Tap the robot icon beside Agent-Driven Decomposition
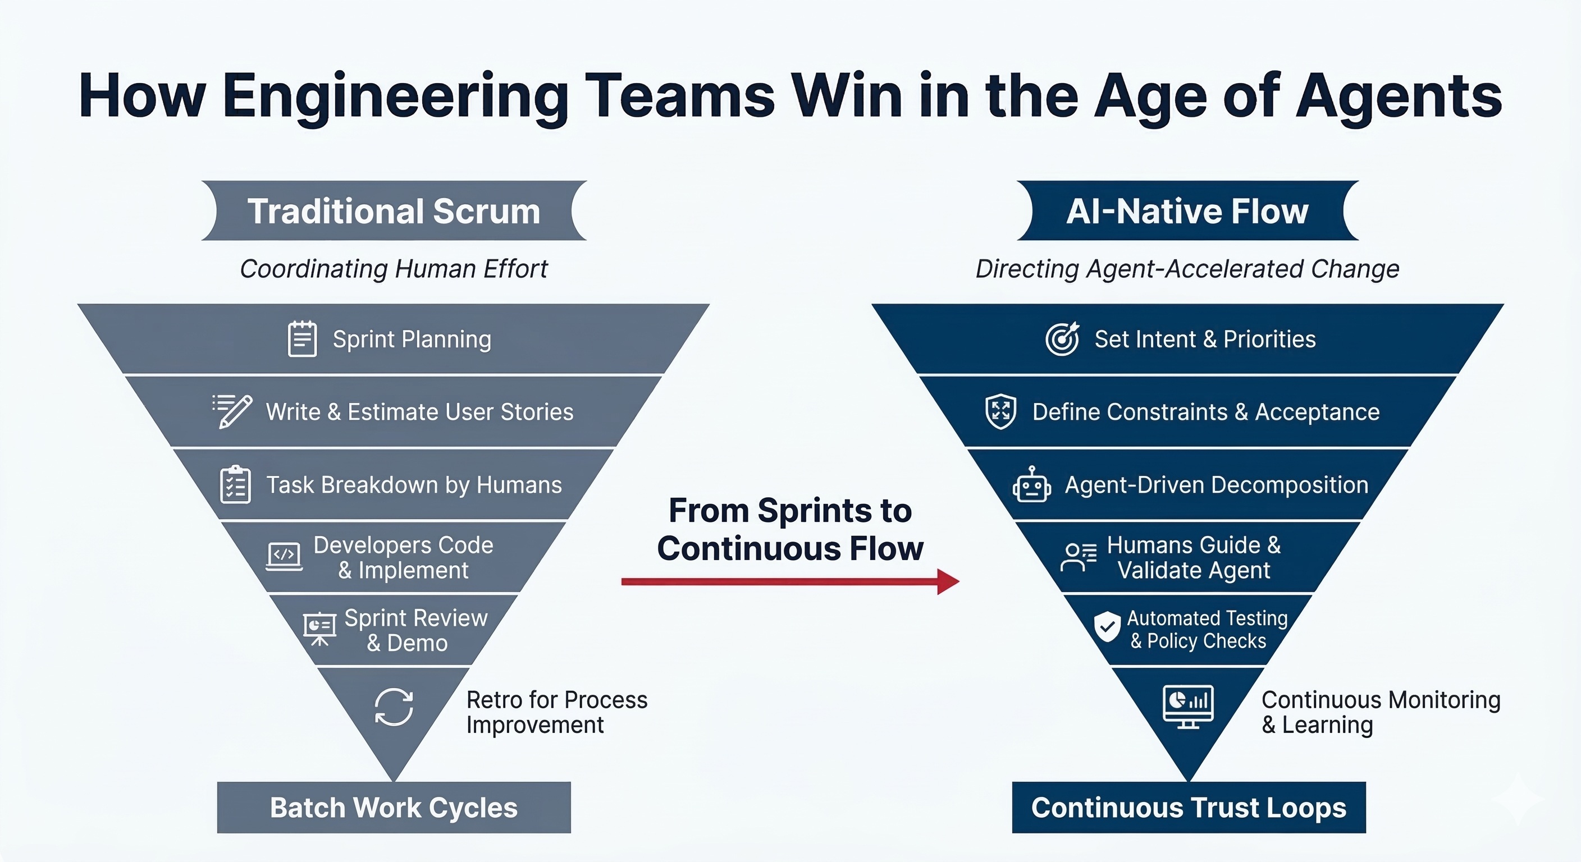pyautogui.click(x=1031, y=485)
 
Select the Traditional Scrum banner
pyautogui.click(x=394, y=210)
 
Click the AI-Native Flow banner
pyautogui.click(x=1187, y=210)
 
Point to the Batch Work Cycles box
pyautogui.click(x=394, y=807)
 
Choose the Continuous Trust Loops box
pyautogui.click(x=1188, y=807)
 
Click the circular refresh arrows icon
pyautogui.click(x=394, y=707)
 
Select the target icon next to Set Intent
pyautogui.click(x=1062, y=338)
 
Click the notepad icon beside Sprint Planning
pyautogui.click(x=302, y=338)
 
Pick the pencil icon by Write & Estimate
pyautogui.click(x=233, y=411)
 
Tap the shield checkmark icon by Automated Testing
pyautogui.click(x=1107, y=627)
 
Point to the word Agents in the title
pyautogui.click(x=1399, y=97)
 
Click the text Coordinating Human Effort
pyautogui.click(x=394, y=269)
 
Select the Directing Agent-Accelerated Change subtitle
pyautogui.click(x=1187, y=269)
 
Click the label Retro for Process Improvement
pyautogui.click(x=556, y=712)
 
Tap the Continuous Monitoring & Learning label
pyautogui.click(x=1381, y=712)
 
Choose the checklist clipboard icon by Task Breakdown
pyautogui.click(x=235, y=485)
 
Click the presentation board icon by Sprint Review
pyautogui.click(x=319, y=630)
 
